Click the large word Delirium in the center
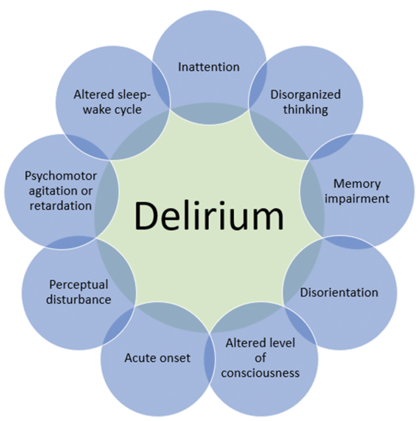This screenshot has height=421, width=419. [x=209, y=216]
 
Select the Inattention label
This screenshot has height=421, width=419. [x=209, y=67]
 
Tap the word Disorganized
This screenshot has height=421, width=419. [x=306, y=95]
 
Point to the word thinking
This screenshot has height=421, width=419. [x=306, y=109]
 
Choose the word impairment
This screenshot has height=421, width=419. [x=357, y=199]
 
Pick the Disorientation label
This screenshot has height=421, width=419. [x=339, y=292]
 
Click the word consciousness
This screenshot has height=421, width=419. [x=260, y=373]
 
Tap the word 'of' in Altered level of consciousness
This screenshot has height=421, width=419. [x=260, y=358]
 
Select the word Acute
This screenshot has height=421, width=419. [x=140, y=358]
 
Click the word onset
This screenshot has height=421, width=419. [x=174, y=358]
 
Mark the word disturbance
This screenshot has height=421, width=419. [x=78, y=300]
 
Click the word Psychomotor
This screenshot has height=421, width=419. [x=61, y=176]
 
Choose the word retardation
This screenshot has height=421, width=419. [x=61, y=206]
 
